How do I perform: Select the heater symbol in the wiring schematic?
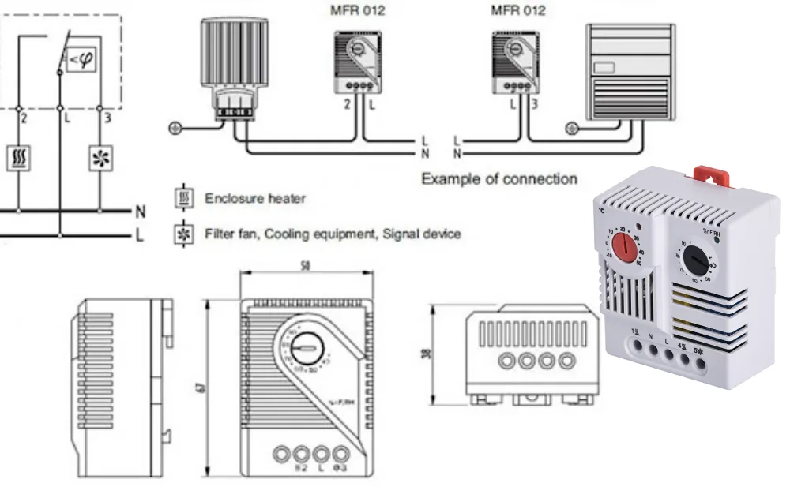[18, 159]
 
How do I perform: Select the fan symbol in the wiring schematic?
[100, 159]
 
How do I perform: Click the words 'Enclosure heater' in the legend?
[254, 198]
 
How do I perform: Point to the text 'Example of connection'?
[498, 178]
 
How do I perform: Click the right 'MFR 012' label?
[517, 11]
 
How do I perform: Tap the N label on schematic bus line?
[140, 212]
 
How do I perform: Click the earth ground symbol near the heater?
[175, 127]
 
